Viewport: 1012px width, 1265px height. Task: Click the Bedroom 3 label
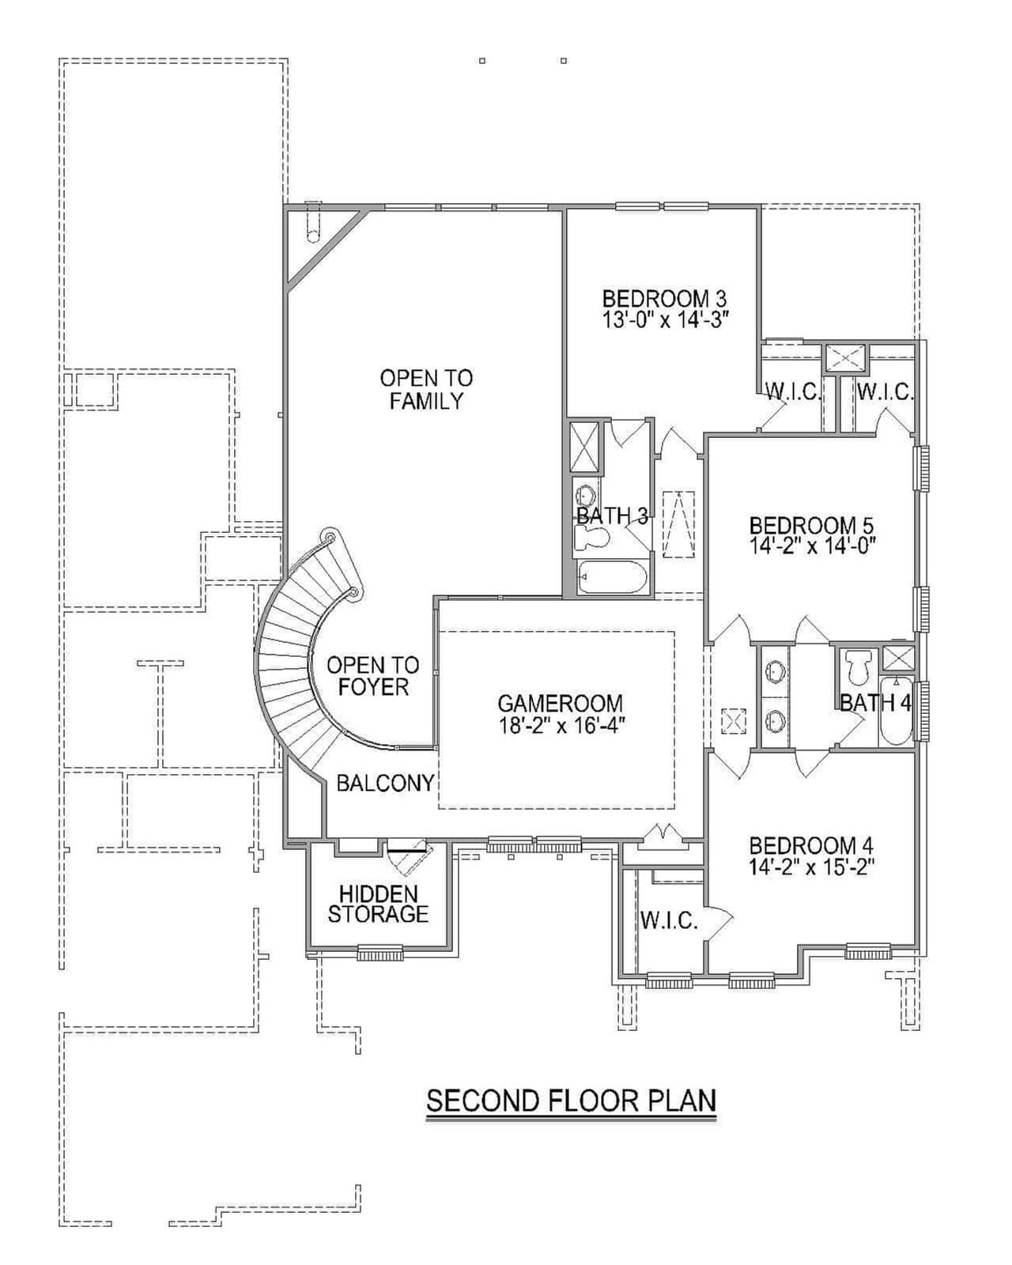(663, 299)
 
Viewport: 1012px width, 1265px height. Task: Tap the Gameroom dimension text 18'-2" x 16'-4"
(561, 725)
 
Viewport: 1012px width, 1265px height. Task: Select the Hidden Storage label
(378, 904)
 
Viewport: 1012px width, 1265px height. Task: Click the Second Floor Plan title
(571, 1101)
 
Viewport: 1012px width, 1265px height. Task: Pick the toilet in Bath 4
(857, 667)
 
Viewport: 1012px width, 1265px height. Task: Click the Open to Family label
(426, 389)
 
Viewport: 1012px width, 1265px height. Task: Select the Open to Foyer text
(373, 676)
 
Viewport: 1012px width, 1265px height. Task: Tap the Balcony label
(385, 783)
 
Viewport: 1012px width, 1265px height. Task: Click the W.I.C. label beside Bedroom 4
(669, 920)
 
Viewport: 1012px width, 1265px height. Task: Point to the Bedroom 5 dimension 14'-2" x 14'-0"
(814, 546)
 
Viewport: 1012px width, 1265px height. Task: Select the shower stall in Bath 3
(586, 447)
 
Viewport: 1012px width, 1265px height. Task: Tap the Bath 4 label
(875, 702)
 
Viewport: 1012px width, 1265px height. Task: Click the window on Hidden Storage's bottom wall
(379, 954)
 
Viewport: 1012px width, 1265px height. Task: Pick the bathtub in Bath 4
(897, 712)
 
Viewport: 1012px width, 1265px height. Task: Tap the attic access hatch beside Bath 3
(678, 524)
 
